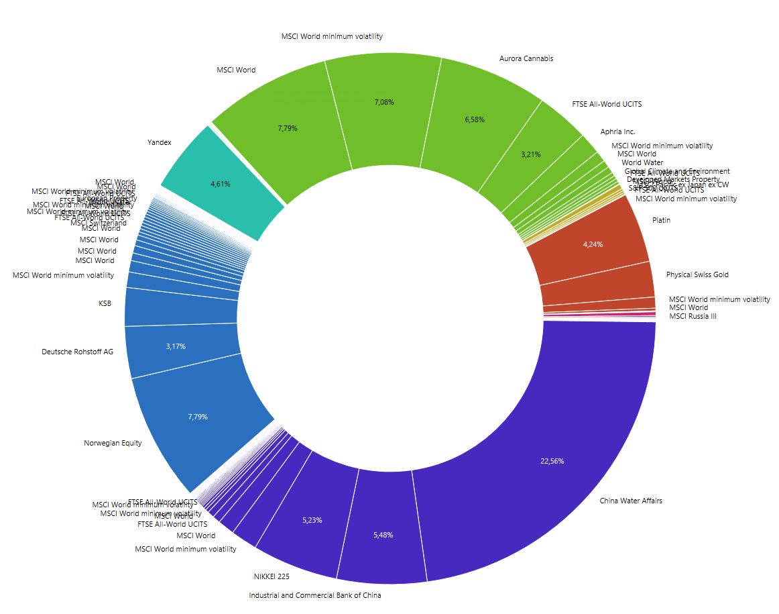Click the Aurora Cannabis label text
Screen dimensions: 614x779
tap(526, 58)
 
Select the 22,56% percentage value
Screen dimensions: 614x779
tap(552, 462)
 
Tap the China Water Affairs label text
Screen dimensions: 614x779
tap(631, 501)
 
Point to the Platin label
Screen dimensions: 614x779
tap(661, 220)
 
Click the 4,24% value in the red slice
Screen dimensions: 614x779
tap(593, 244)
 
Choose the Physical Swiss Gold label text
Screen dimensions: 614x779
tap(697, 274)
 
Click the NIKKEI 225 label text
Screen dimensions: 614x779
tap(272, 576)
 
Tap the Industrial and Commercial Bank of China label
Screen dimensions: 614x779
tap(315, 595)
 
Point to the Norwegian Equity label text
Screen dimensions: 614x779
tap(113, 443)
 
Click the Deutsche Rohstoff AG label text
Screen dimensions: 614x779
tap(77, 351)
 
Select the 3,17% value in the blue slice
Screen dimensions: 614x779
tap(175, 347)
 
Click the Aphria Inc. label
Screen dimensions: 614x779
tap(617, 132)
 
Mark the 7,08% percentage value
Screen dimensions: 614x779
tap(384, 103)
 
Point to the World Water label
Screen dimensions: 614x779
tap(642, 162)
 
